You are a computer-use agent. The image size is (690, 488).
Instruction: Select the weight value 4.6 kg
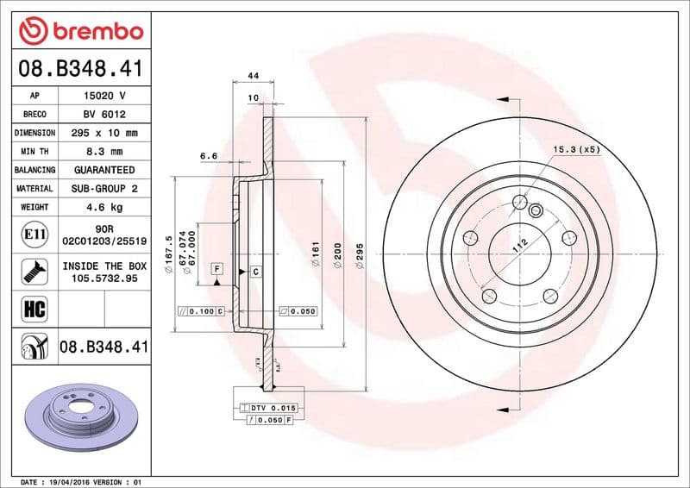click(x=104, y=207)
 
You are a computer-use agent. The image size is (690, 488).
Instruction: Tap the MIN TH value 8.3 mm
click(x=104, y=152)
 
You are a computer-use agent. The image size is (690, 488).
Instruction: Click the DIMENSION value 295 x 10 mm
click(x=104, y=133)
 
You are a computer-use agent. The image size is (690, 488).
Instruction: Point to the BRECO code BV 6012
click(x=104, y=114)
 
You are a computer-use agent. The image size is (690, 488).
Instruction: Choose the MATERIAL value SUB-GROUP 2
click(x=104, y=188)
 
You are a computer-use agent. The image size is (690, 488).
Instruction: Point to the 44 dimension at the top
click(x=254, y=76)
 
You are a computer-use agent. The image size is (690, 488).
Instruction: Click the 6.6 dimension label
click(x=208, y=156)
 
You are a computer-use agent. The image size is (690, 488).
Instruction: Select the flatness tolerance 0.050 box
click(x=298, y=310)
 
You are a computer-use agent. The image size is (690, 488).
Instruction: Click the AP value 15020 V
click(x=104, y=95)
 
